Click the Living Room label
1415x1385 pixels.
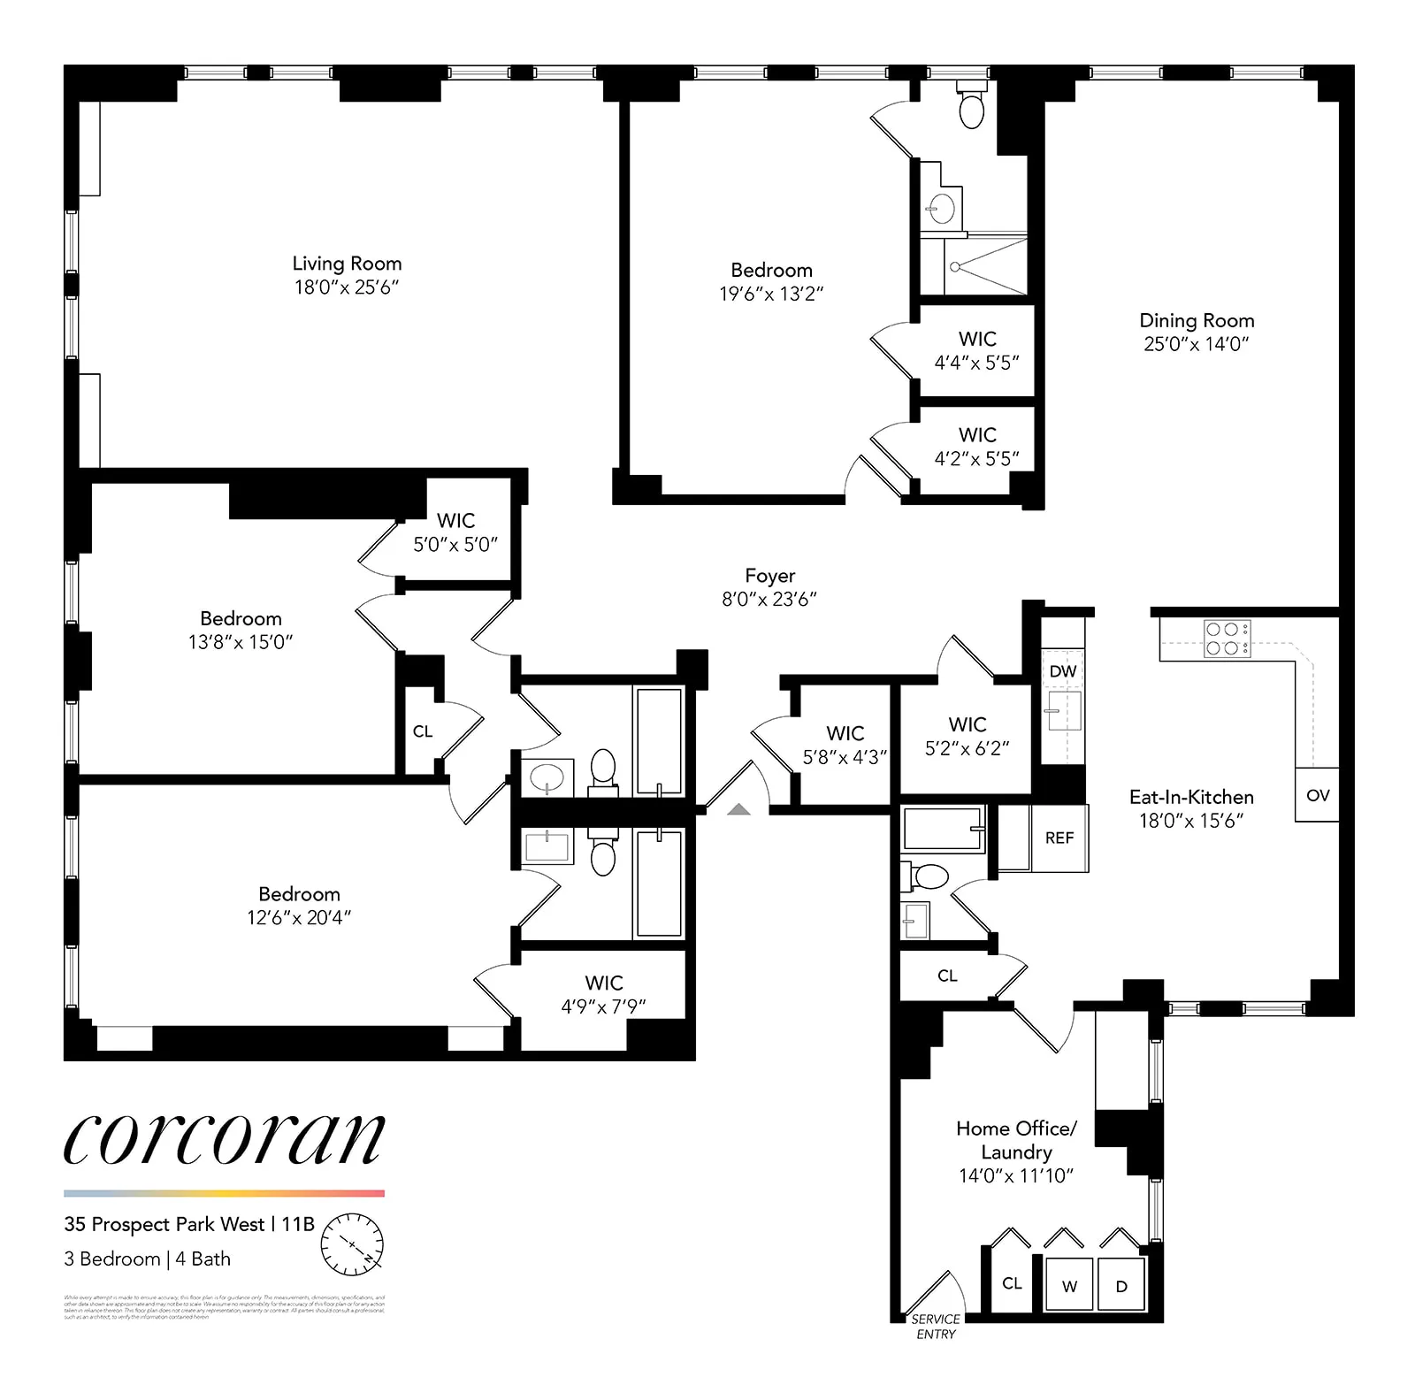347,264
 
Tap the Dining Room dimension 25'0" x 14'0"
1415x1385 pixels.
1196,344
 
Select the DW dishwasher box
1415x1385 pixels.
1062,671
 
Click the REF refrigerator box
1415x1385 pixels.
1059,838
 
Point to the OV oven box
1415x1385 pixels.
1317,795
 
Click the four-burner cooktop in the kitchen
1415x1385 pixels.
1227,639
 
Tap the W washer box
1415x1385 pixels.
1069,1286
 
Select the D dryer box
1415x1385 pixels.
1121,1286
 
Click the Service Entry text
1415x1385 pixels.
936,1327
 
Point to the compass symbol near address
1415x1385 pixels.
352,1244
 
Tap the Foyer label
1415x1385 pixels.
769,576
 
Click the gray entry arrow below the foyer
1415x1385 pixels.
738,808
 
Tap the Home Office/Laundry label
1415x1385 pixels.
1016,1140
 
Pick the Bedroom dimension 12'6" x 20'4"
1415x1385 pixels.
299,918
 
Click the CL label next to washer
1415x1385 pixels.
1012,1283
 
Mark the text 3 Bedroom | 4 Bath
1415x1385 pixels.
147,1259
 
